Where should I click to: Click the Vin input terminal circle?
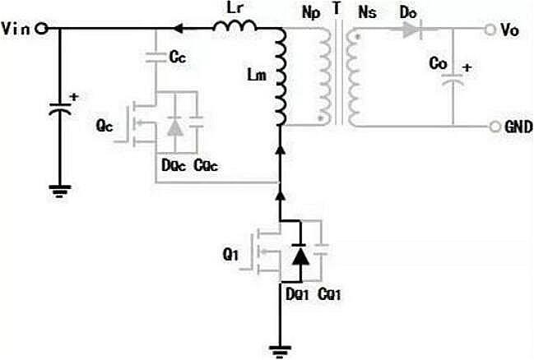tap(41, 29)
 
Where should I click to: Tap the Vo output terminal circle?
tap(493, 30)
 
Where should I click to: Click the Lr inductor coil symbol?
tap(235, 27)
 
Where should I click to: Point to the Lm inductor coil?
tap(282, 79)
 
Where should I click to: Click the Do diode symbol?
tap(412, 30)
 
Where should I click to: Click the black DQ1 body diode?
tap(300, 256)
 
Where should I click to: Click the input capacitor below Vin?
tap(59, 108)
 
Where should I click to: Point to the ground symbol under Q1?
tap(281, 350)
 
